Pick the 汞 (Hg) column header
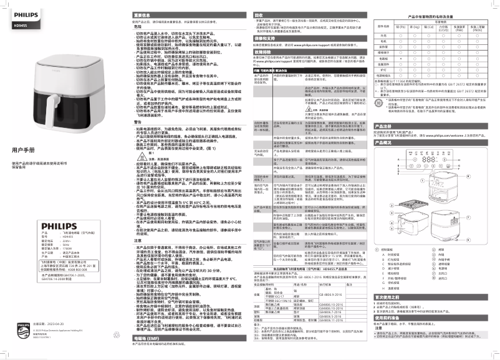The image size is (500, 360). [415, 27]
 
